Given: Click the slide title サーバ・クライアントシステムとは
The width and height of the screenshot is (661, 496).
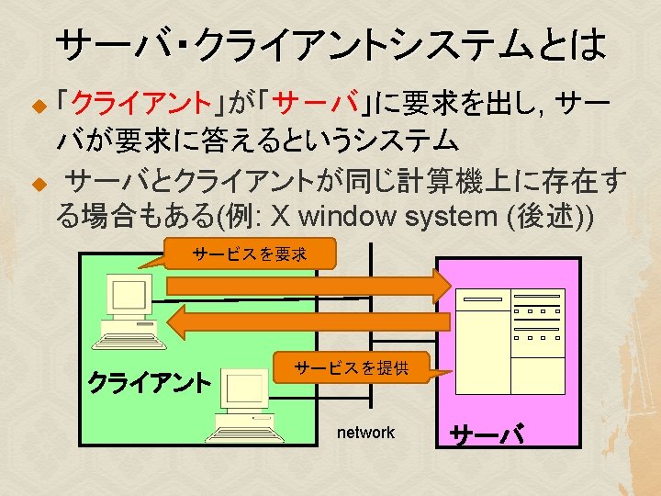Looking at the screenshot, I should [x=330, y=42].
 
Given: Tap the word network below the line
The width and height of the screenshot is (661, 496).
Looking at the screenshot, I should [x=365, y=433].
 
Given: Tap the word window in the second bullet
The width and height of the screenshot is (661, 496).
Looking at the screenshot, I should [x=341, y=218].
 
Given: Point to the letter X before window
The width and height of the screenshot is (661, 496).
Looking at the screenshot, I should [x=282, y=218].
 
